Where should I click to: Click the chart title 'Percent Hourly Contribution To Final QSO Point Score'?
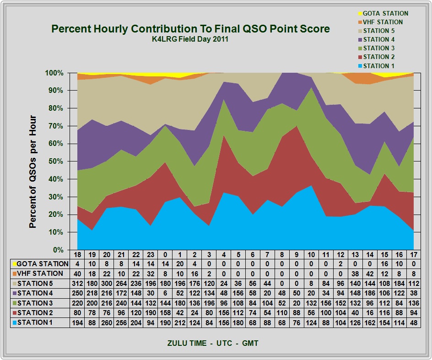click(x=190, y=29)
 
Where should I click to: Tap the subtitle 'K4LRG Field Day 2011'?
click(x=190, y=39)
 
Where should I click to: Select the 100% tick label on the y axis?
click(x=55, y=73)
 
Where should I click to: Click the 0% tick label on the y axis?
click(x=58, y=250)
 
